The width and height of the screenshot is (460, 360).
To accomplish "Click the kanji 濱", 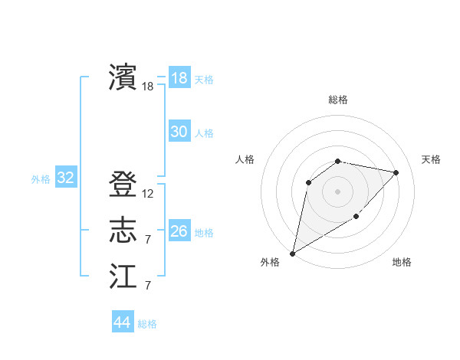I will tap(123, 77).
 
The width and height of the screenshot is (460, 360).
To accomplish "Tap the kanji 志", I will tap(123, 230).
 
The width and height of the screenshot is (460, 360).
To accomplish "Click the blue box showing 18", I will tap(179, 77).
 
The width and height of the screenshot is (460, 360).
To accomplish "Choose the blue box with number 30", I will tap(179, 132).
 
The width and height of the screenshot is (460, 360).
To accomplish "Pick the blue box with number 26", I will tap(179, 231).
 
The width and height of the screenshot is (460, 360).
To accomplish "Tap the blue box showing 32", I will tap(66, 178).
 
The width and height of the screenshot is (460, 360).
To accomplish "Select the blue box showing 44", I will tap(122, 322).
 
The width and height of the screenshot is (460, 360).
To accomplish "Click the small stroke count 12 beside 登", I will tap(147, 194).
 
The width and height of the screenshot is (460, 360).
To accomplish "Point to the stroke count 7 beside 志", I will tap(147, 240).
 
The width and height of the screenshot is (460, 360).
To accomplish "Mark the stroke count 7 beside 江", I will tap(147, 286).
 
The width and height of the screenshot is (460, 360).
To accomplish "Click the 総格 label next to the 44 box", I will tap(147, 324).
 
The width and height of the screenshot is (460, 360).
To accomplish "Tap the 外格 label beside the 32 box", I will tap(41, 179).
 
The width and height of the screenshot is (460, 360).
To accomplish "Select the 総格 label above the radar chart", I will tap(338, 100).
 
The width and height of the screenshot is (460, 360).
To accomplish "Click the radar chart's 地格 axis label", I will tap(402, 262).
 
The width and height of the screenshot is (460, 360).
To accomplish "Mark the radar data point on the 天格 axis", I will tap(396, 172).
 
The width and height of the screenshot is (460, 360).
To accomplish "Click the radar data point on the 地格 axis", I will tap(356, 217).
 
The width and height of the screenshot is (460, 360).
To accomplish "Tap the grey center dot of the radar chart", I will tap(337, 191).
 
